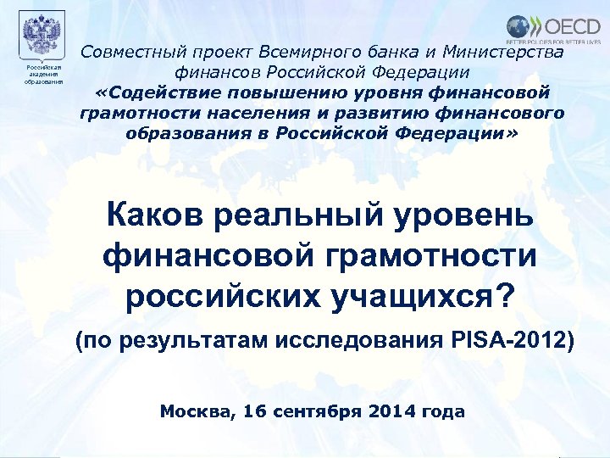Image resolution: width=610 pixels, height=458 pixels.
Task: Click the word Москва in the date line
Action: (194, 412)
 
